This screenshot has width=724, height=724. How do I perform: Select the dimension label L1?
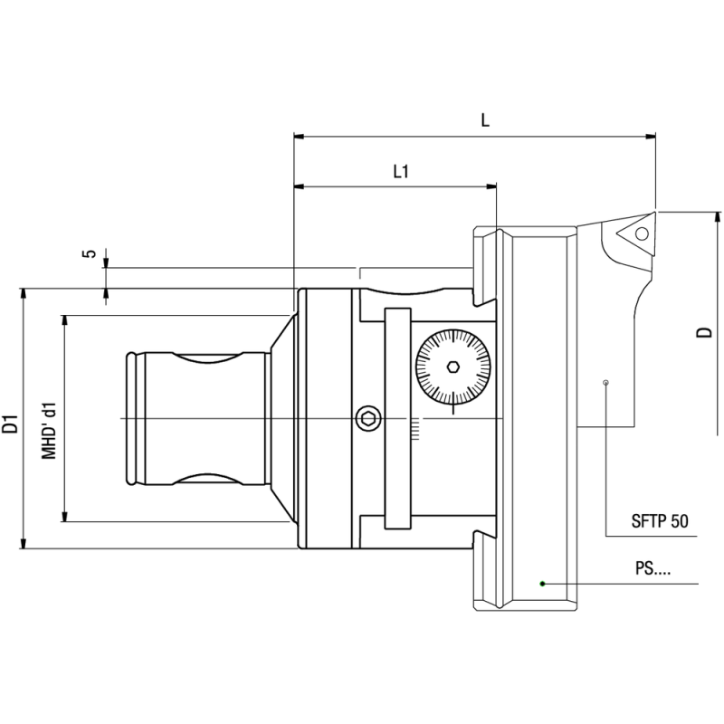pos(401,170)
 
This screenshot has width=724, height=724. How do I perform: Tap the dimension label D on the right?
pos(703,332)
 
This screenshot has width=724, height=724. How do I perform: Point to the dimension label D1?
pos(10,422)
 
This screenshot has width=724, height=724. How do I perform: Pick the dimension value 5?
pos(89,254)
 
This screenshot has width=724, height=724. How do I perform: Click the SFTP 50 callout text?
pos(659,522)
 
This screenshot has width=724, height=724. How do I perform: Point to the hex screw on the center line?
pos(367,418)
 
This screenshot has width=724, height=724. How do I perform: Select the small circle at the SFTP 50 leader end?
pos(605,383)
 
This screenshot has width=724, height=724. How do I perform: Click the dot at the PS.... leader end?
pos(542,583)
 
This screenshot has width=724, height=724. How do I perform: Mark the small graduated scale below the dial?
pos(414,429)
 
